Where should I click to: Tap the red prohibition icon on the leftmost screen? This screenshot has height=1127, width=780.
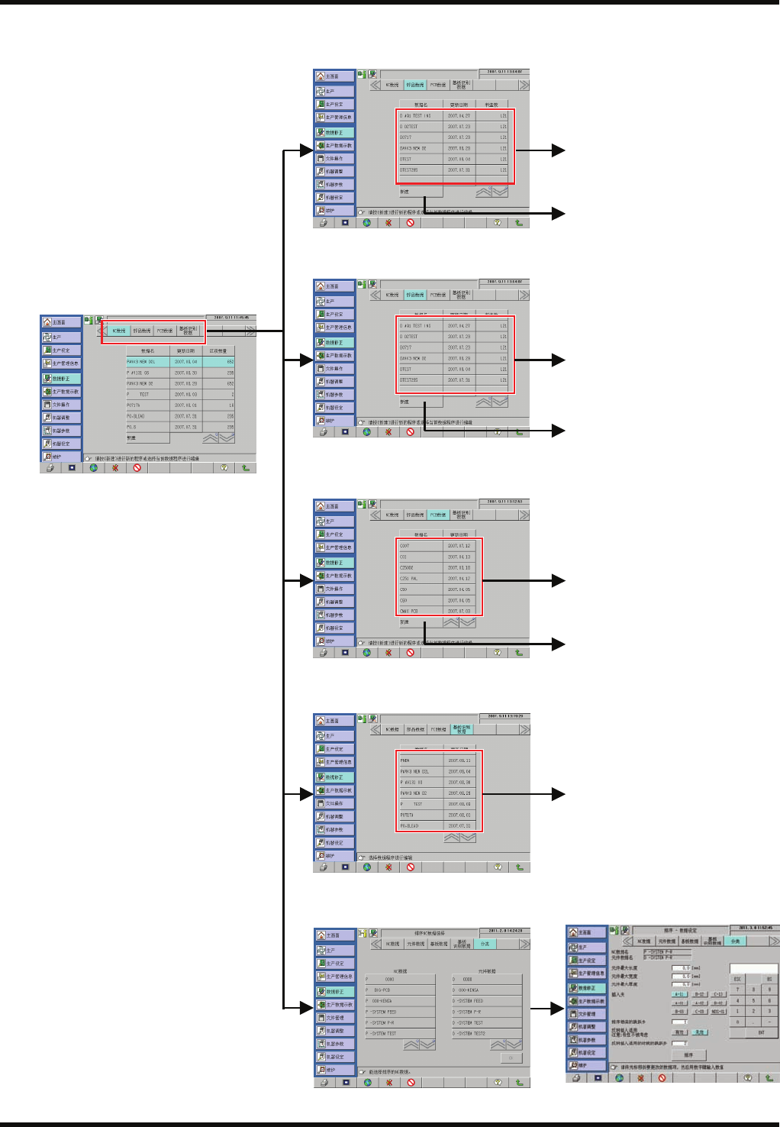(x=137, y=468)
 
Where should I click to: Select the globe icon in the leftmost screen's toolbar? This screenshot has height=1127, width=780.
(x=94, y=468)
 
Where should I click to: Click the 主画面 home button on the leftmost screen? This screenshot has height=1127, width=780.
(x=60, y=322)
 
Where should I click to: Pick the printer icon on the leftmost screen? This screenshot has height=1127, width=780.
(x=50, y=468)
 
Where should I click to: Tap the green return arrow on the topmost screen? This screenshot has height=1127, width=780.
(x=519, y=223)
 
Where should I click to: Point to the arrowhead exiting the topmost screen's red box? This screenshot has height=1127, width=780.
(x=559, y=150)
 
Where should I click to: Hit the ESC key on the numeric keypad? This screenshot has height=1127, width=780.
(x=737, y=979)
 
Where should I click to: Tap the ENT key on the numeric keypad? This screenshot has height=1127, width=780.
(x=761, y=1032)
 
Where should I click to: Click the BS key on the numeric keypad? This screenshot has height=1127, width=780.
(x=769, y=979)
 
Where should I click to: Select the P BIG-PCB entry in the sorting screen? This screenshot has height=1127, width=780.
(x=400, y=990)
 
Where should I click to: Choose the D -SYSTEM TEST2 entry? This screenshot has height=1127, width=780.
(x=487, y=1033)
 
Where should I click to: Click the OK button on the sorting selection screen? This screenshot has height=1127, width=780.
(x=511, y=1058)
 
